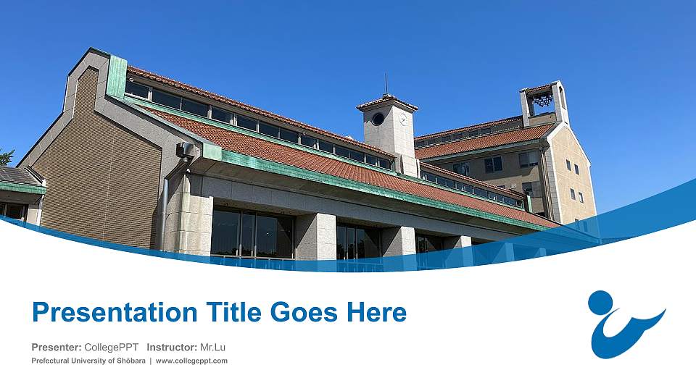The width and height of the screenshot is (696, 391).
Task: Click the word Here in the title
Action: point(376,313)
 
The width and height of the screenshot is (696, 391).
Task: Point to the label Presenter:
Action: point(57,348)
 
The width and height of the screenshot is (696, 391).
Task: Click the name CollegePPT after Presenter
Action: point(111,348)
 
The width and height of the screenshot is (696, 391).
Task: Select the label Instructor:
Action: point(172,348)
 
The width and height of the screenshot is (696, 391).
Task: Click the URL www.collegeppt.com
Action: point(192,361)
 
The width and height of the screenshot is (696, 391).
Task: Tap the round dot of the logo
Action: point(600,303)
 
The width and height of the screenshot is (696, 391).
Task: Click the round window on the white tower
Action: point(378,119)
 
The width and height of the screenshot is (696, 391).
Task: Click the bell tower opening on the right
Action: point(542,102)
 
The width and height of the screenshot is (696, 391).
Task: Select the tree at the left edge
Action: point(6,157)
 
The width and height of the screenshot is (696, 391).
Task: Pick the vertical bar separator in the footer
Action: point(151,361)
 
